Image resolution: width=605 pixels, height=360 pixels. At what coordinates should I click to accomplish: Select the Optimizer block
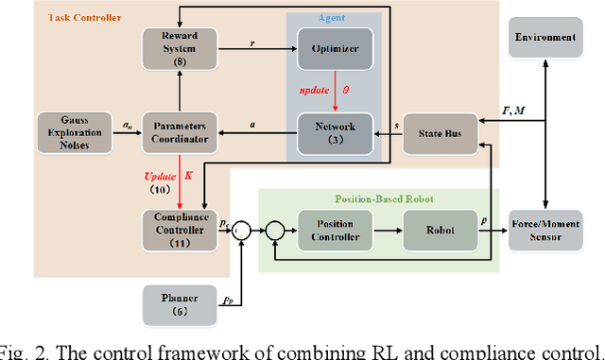click(x=335, y=48)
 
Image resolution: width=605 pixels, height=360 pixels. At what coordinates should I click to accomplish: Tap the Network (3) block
click(x=335, y=130)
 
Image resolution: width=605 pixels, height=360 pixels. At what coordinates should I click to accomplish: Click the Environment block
click(x=544, y=38)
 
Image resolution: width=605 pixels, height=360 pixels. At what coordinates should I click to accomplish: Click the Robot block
click(x=441, y=230)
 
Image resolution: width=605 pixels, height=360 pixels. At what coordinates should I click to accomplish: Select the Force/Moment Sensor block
click(x=544, y=230)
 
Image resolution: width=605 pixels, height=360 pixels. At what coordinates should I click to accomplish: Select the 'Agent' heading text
click(x=336, y=17)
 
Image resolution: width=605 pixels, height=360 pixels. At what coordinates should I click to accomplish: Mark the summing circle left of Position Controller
click(x=275, y=229)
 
